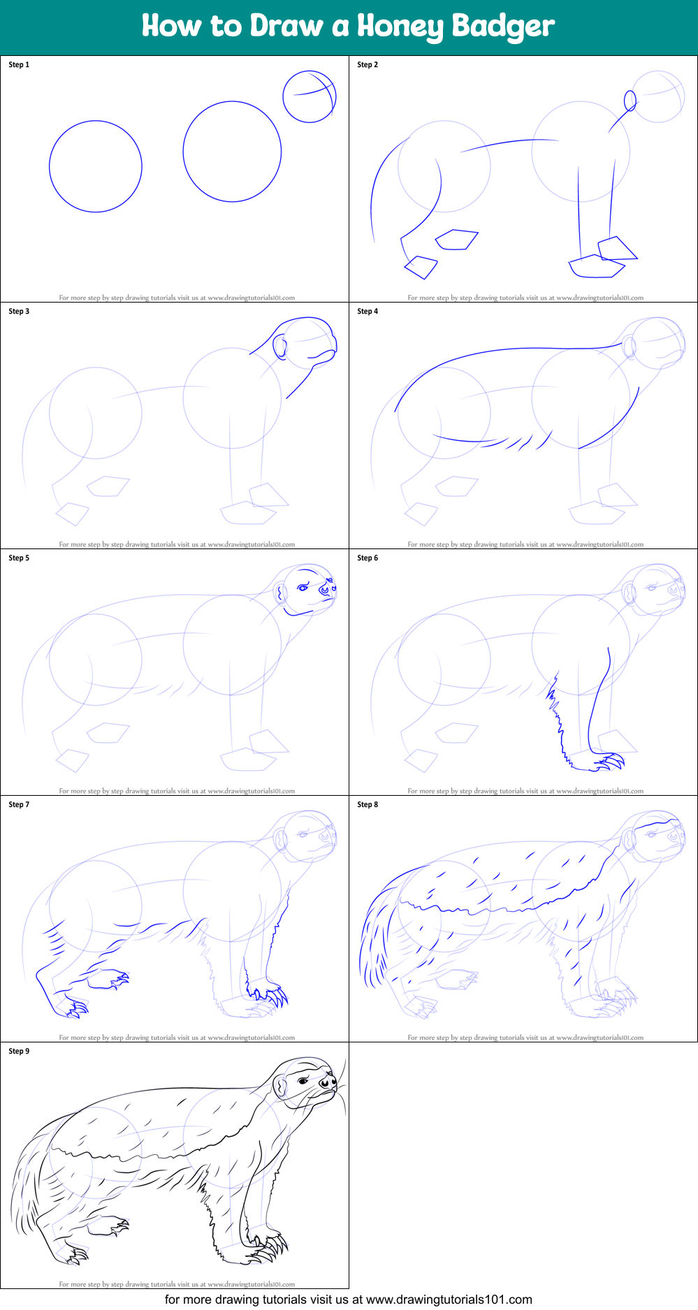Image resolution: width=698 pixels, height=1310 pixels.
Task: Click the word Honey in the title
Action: (399, 27)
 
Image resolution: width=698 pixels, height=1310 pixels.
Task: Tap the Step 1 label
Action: (19, 65)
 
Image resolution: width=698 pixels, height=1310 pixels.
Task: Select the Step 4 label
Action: (368, 312)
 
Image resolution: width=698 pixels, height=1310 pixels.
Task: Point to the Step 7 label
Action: (19, 805)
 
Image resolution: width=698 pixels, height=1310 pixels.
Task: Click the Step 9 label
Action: (19, 1051)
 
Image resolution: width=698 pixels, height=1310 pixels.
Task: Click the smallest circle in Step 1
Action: (309, 96)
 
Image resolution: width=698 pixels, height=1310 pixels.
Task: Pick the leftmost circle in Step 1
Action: (96, 166)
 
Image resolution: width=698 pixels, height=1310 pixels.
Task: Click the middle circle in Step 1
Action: (232, 152)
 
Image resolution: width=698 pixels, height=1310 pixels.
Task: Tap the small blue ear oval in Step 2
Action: (630, 101)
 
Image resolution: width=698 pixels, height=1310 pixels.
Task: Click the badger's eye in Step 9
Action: (302, 1082)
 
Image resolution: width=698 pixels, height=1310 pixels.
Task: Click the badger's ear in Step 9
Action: (280, 1086)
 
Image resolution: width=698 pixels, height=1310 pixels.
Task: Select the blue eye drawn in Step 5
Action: (303, 588)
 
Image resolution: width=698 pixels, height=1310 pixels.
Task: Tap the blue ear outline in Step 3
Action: (279, 347)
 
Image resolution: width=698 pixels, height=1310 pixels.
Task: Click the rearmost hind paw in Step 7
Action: (72, 1006)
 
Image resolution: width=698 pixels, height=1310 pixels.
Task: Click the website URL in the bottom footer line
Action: (449, 1300)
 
